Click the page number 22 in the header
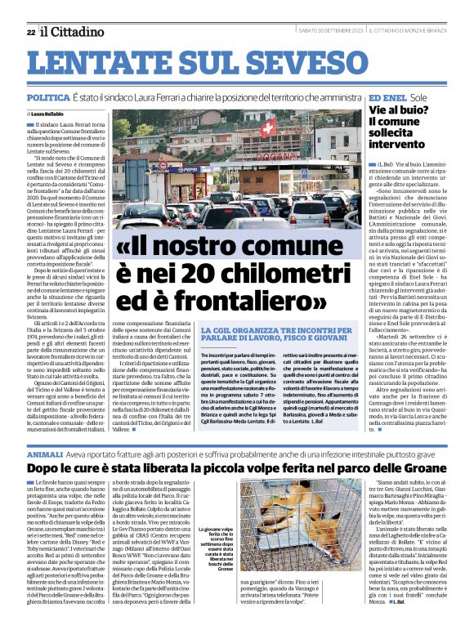coord(31,32)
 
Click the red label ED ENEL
coord(399,97)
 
